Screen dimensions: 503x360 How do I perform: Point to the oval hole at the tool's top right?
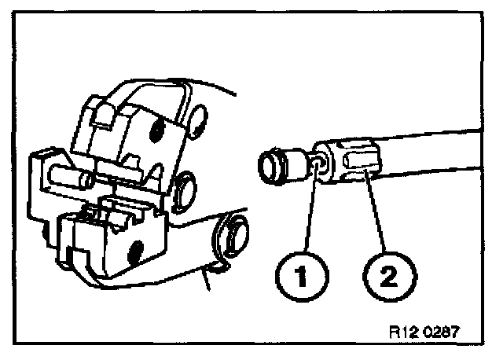(196, 117)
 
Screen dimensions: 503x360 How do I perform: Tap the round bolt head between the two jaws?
(185, 189)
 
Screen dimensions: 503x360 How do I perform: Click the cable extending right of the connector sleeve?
(440, 149)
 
